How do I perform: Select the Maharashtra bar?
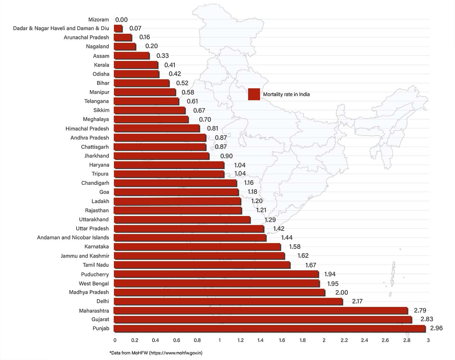(261, 310)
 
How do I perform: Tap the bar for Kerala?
(136, 65)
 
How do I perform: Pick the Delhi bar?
(228, 301)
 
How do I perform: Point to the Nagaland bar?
(125, 47)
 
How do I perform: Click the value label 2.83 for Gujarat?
(427, 319)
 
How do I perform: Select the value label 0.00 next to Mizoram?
(121, 20)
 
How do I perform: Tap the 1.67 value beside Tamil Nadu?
(311, 265)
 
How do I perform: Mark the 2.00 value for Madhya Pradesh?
(341, 292)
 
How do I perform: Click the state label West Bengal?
(94, 283)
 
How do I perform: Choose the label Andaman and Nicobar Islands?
(73, 238)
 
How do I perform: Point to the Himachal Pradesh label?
(87, 129)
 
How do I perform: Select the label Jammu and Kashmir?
(85, 256)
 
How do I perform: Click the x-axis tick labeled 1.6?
(282, 340)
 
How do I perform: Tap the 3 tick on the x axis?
(428, 340)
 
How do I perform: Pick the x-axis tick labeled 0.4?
(155, 340)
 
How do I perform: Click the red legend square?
(254, 94)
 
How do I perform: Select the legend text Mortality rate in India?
(286, 94)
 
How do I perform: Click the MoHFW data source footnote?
(156, 353)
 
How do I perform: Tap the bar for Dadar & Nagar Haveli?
(118, 29)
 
